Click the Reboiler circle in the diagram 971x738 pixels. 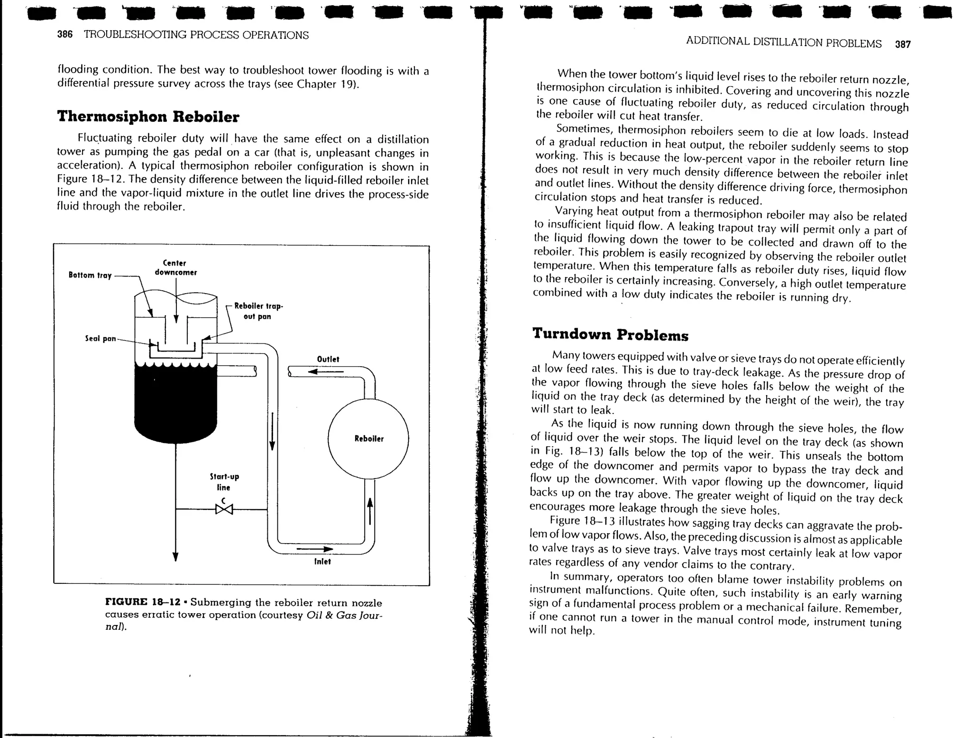pyautogui.click(x=368, y=439)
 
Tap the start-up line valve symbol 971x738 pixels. pyautogui.click(x=224, y=509)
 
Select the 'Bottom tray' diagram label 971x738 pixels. pyautogui.click(x=90, y=275)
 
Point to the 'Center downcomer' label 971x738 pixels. pyautogui.click(x=175, y=268)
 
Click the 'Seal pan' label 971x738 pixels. pyautogui.click(x=101, y=339)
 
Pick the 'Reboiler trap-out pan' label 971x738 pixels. pyautogui.click(x=258, y=311)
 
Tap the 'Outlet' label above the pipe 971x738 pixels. pyautogui.click(x=328, y=359)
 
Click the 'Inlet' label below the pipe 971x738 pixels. pyautogui.click(x=322, y=562)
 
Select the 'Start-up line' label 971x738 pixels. pyautogui.click(x=224, y=482)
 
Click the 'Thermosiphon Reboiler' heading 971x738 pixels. pyautogui.click(x=148, y=117)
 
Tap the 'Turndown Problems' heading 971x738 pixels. pyautogui.click(x=610, y=334)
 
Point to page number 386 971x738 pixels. pyautogui.click(x=64, y=35)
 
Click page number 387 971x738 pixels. pyautogui.click(x=903, y=45)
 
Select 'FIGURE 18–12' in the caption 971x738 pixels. pyautogui.click(x=143, y=602)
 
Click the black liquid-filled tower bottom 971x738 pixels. pyautogui.click(x=175, y=403)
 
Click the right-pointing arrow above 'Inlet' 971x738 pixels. pyautogui.click(x=315, y=549)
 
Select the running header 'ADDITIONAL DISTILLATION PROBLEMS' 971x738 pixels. pyautogui.click(x=784, y=43)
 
